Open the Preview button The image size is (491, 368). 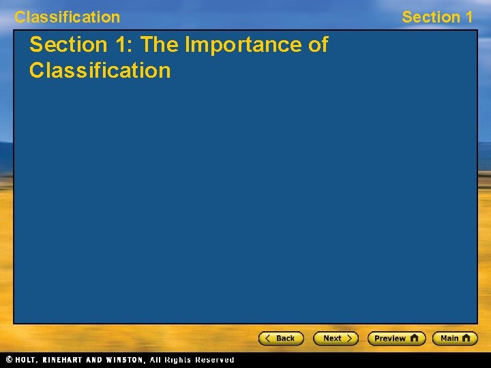point(396,338)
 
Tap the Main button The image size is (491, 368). point(455,338)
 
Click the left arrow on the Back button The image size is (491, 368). point(268,338)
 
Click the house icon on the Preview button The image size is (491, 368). point(414,338)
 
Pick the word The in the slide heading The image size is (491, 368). point(159,45)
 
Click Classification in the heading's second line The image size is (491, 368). point(100,70)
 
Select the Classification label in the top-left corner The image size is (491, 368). point(67,17)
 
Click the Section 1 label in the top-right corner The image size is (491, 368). point(436,17)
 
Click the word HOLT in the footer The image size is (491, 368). point(27,360)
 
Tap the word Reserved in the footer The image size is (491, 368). point(215,360)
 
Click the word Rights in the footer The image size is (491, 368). point(178,360)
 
